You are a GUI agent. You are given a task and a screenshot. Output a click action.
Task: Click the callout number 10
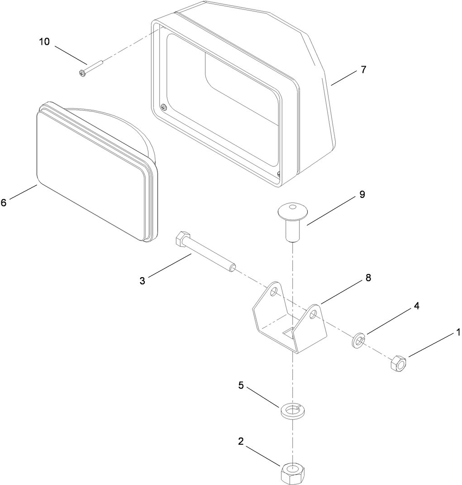(x=44, y=42)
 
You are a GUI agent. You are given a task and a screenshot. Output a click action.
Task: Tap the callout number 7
(x=363, y=70)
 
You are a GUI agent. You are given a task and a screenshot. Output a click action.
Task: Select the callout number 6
(x=4, y=202)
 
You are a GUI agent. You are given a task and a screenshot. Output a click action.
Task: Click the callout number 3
(x=142, y=281)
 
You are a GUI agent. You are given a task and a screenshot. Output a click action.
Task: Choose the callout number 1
(x=458, y=332)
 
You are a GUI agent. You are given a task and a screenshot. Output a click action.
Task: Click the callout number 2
(x=241, y=441)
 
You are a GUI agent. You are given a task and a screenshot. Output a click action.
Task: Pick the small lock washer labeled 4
(x=358, y=341)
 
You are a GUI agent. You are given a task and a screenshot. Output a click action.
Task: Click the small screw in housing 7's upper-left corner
(x=163, y=107)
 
